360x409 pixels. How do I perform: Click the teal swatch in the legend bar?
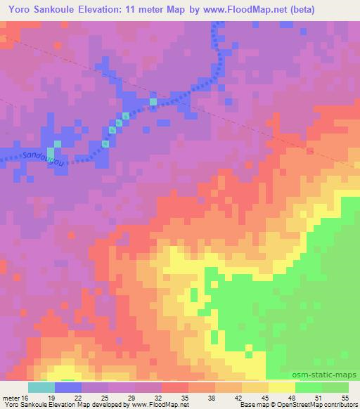pyautogui.click(x=41, y=387)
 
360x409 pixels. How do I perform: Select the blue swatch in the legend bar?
pyautogui.click(x=68, y=387)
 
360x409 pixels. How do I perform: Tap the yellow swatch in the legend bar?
pyautogui.click(x=282, y=387)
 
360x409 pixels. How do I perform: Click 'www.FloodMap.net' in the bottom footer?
pyautogui.click(x=155, y=405)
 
